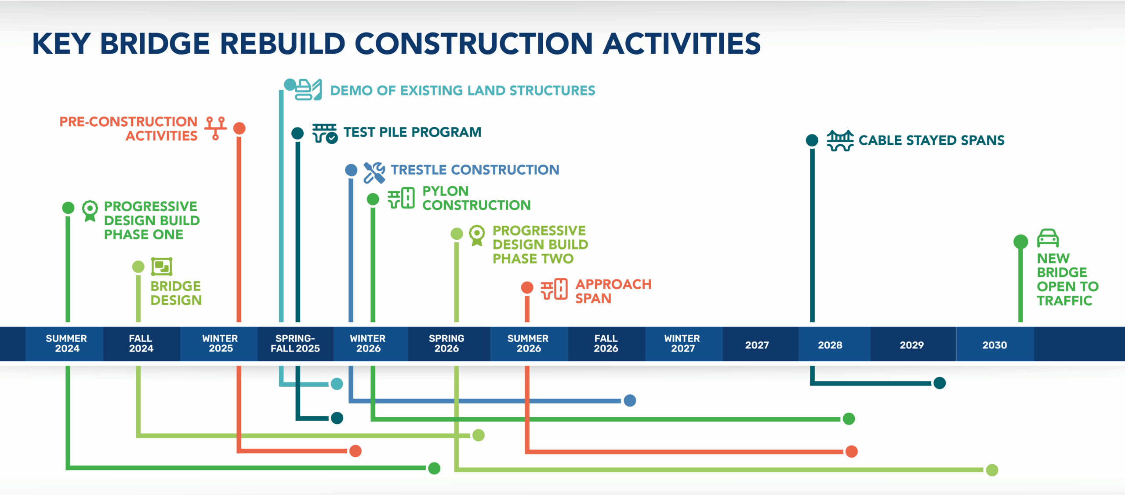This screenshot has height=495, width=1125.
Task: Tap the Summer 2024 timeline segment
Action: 66,344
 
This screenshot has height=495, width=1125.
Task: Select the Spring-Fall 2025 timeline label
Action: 295,344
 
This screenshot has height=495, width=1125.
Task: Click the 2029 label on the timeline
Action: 911,345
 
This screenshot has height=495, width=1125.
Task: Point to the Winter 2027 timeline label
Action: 682,344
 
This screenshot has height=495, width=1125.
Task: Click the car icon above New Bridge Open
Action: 1048,238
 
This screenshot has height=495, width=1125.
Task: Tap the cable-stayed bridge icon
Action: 840,140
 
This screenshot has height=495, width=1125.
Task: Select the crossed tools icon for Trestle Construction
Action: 374,172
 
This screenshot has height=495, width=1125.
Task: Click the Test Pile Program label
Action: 412,132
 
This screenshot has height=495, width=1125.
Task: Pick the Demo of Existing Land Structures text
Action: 462,91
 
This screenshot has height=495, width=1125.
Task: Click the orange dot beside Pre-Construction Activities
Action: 239,128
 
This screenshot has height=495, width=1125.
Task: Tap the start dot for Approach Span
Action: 527,288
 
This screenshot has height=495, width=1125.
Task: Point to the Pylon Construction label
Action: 476,198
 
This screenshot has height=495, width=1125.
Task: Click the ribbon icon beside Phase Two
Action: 477,235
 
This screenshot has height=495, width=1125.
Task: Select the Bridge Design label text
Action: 176,293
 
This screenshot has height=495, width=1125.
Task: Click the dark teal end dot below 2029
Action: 940,383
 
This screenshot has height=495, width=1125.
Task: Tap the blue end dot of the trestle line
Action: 630,400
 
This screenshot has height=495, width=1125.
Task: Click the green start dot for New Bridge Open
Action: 1020,242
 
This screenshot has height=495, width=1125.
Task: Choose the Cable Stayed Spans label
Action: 931,140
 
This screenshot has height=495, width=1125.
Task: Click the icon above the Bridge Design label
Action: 162,267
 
